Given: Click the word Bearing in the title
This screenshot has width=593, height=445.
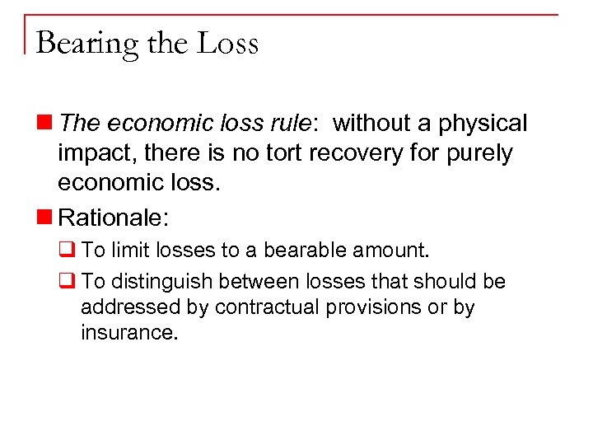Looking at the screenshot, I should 87,44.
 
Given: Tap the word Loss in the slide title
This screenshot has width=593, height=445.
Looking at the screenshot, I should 228,42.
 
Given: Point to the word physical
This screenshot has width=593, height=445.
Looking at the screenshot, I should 482,124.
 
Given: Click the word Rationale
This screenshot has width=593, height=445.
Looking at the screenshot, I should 112,218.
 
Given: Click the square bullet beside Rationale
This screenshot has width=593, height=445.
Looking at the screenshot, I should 49,218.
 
